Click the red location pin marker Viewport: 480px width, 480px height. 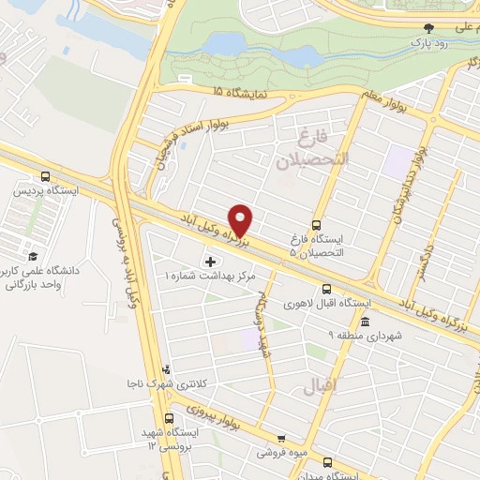pos(242,219)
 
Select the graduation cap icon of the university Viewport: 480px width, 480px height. pos(33,256)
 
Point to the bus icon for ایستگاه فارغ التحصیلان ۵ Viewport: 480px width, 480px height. pos(315,225)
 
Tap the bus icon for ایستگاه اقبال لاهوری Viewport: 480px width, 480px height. pos(326,289)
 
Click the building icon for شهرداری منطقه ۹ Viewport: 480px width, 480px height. pos(365,322)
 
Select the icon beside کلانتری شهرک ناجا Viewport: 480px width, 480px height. pos(166,369)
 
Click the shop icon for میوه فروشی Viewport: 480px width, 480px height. pos(280,438)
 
